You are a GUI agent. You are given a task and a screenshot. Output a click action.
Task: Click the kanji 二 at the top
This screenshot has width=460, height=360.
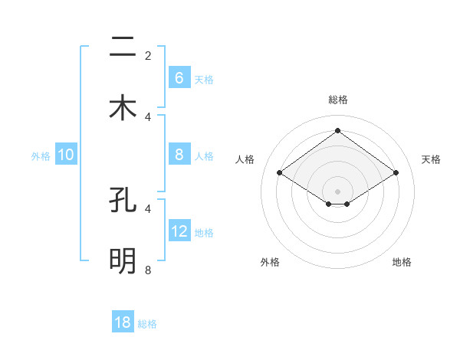click(123, 47)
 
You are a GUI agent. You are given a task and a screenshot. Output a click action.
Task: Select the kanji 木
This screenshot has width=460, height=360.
click(123, 107)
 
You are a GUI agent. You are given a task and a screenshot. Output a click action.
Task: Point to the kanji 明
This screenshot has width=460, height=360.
click(123, 261)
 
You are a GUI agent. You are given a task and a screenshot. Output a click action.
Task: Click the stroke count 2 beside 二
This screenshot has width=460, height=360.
click(148, 56)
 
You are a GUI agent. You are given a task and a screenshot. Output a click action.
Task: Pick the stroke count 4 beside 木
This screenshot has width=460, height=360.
click(148, 116)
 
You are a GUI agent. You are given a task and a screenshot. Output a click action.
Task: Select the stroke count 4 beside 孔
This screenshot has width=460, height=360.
click(148, 208)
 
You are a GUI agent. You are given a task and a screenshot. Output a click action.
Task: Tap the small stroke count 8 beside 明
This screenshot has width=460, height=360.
click(148, 270)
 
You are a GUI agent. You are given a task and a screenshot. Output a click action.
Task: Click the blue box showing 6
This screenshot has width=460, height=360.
click(179, 77)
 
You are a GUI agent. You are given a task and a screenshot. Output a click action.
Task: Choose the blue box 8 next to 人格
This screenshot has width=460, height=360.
click(179, 154)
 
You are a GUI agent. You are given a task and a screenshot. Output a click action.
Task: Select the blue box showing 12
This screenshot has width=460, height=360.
click(179, 231)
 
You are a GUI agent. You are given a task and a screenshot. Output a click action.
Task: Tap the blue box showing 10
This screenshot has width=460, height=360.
click(66, 154)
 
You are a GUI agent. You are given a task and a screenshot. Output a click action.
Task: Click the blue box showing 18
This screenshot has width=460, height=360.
click(123, 322)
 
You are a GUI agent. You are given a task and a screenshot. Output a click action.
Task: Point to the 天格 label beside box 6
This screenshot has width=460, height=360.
click(204, 79)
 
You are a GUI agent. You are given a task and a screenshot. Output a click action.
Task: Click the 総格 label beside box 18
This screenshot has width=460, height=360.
click(147, 324)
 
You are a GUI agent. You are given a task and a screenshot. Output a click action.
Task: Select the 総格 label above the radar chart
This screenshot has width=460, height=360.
click(337, 100)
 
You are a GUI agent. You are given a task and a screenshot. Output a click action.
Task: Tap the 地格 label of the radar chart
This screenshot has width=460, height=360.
click(402, 262)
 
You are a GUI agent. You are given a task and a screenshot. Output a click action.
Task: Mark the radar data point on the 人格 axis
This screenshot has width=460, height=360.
click(280, 173)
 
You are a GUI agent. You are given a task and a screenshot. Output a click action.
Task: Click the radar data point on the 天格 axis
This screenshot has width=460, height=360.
click(396, 173)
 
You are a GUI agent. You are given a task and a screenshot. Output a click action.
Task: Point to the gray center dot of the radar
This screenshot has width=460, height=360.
click(337, 191)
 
